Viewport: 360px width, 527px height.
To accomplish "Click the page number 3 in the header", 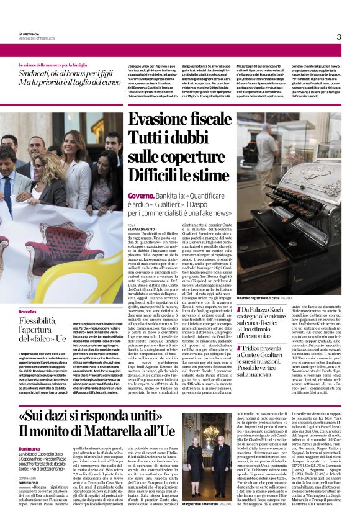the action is point(338,36).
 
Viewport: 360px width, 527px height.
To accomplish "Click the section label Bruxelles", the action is point(27,310).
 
